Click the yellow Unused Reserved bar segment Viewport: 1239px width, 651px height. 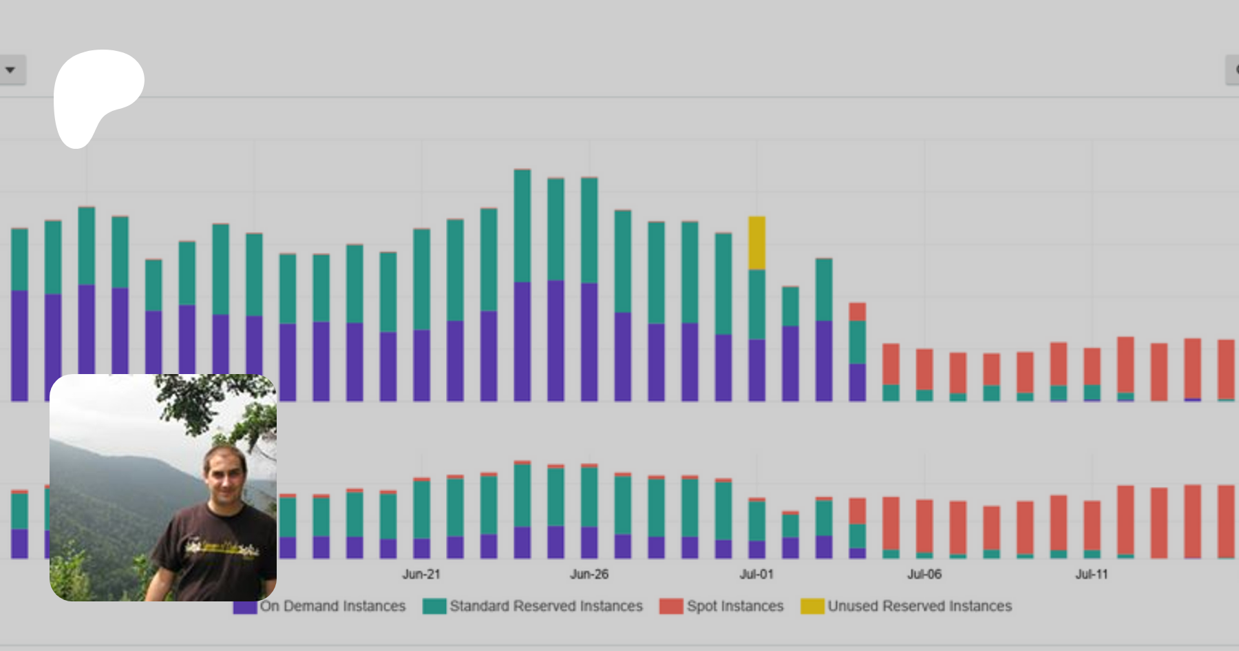tap(756, 242)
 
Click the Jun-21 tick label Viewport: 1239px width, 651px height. tap(421, 574)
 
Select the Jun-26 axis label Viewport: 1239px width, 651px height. tap(589, 574)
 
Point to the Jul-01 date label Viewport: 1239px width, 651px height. tap(756, 574)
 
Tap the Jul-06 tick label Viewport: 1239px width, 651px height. tap(924, 574)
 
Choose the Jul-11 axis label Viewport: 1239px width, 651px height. tap(1092, 574)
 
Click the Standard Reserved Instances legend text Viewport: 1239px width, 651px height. tap(546, 606)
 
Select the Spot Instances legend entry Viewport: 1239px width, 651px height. tap(735, 606)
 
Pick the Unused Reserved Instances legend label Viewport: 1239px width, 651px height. tap(920, 606)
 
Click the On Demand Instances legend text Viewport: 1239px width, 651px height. tap(332, 606)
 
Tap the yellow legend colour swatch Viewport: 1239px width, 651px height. tap(812, 606)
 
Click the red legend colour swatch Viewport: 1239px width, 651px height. tap(671, 606)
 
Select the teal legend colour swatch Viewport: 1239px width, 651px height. tap(434, 606)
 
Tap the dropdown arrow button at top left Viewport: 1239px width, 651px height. tap(10, 70)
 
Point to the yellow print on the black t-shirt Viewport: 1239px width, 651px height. tap(220, 548)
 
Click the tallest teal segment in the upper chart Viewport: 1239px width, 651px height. tap(522, 225)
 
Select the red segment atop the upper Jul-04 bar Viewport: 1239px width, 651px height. tap(857, 311)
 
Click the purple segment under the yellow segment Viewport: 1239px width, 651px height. tap(756, 370)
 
